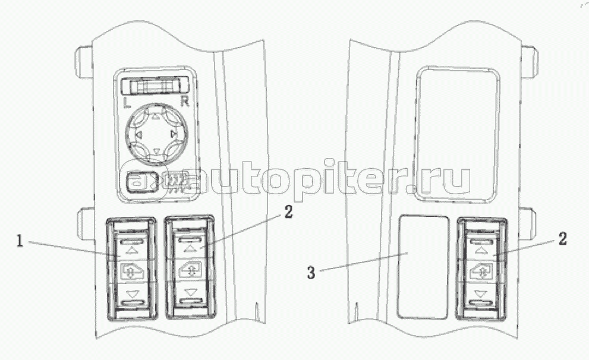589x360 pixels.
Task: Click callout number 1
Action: click(20, 242)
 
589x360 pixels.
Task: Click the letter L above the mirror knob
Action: click(128, 103)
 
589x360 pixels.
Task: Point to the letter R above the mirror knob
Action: click(185, 102)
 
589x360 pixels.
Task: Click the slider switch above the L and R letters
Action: click(155, 87)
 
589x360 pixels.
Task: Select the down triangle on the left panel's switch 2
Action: click(190, 292)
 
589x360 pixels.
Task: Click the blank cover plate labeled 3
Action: click(423, 266)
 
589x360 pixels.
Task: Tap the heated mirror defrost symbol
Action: click(175, 181)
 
